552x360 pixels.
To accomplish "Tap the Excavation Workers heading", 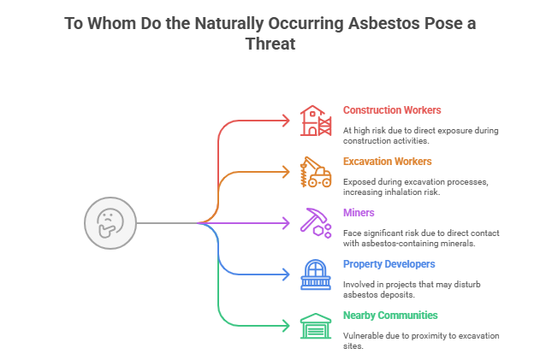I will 387,162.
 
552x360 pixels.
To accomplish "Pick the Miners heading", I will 359,212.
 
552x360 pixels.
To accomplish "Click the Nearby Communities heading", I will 389,315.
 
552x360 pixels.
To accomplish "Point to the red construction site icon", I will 315,121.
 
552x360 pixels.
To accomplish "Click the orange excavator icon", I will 315,172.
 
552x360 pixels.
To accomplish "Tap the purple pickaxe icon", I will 314,222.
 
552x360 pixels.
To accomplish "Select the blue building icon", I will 315,274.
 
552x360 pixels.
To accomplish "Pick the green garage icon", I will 315,325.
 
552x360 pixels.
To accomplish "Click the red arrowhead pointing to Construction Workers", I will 287,121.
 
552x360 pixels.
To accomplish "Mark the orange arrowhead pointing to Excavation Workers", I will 287,172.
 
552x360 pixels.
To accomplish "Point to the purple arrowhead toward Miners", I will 287,223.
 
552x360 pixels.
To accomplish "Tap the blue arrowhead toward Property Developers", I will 287,274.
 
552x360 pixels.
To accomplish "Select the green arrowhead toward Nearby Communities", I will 287,325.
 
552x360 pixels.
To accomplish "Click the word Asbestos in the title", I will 379,23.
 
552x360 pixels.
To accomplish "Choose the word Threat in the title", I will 270,44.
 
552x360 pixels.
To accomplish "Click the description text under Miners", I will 418,238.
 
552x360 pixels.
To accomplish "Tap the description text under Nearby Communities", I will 418,340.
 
